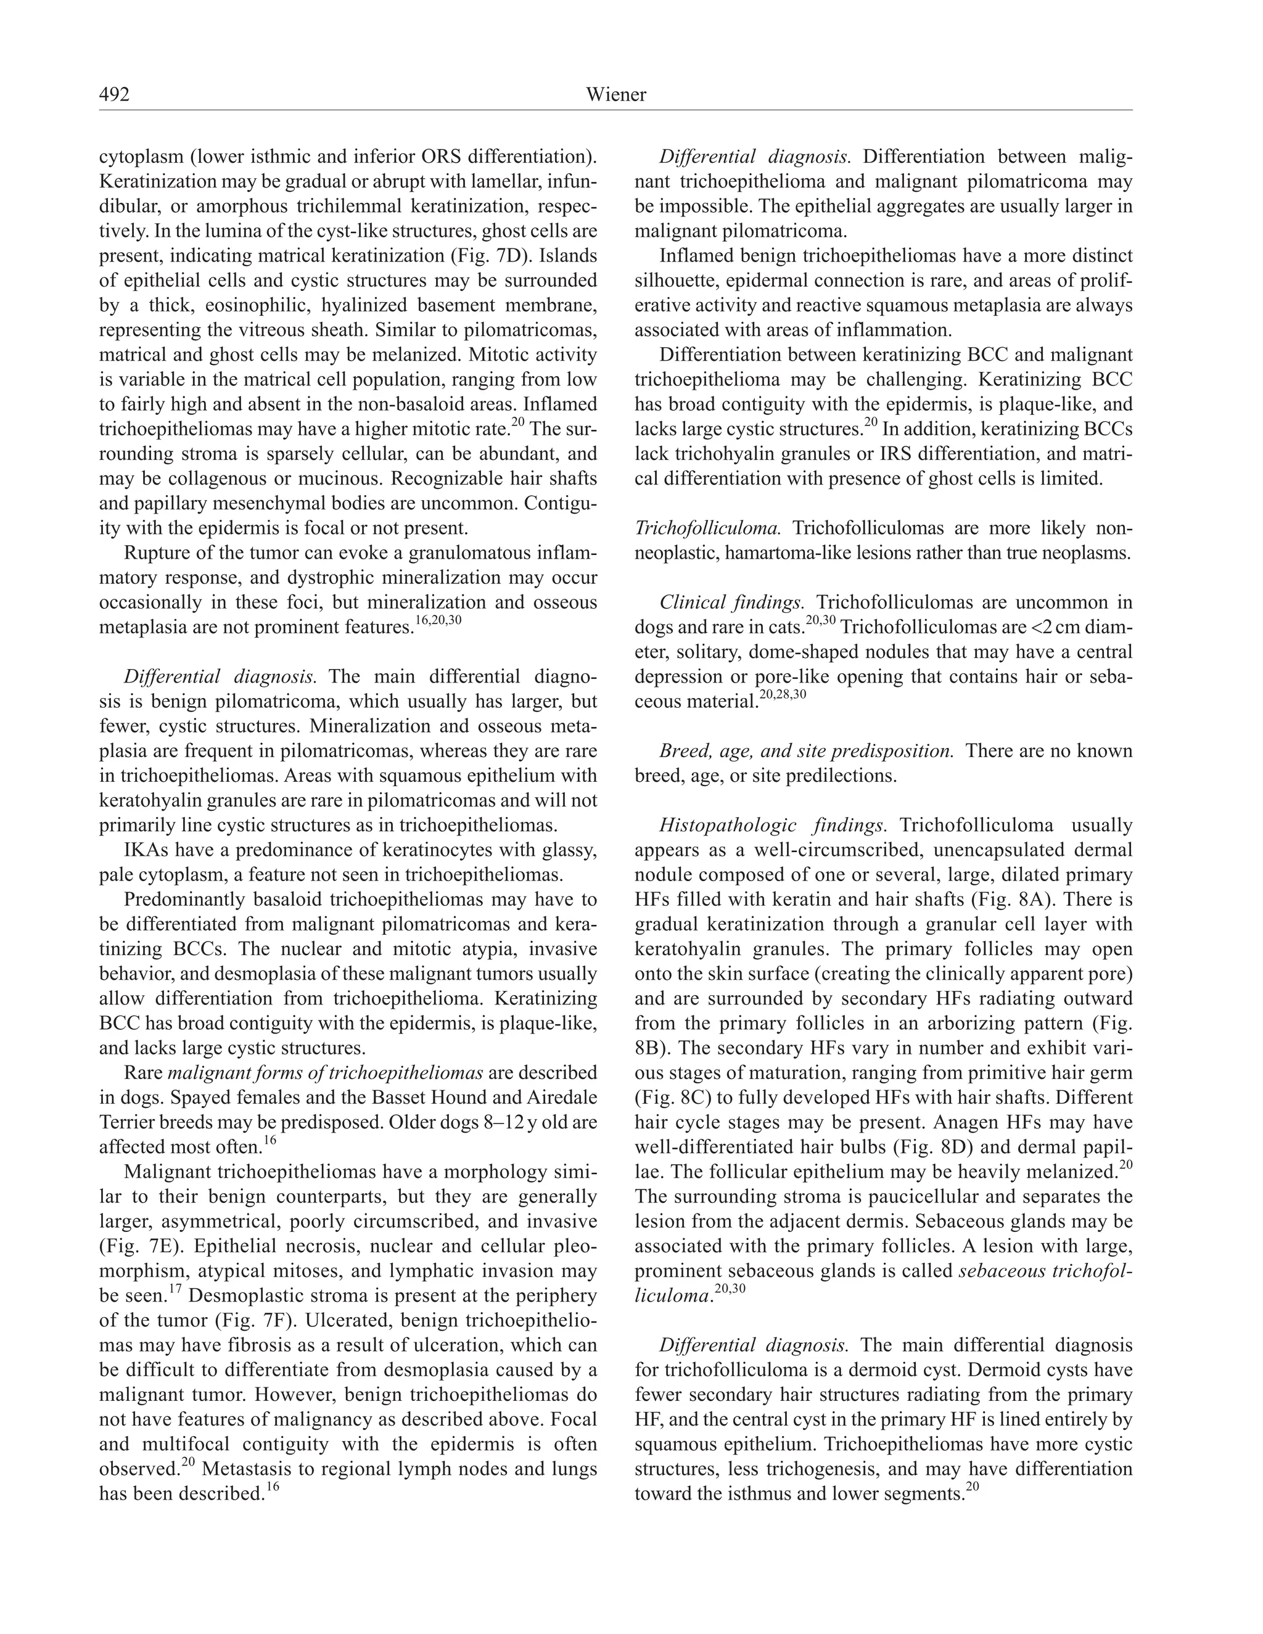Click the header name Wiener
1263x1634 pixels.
pyautogui.click(x=616, y=94)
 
